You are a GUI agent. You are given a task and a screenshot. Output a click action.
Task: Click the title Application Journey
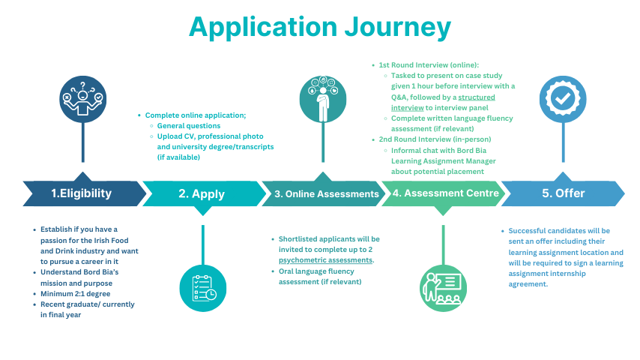coord(320,27)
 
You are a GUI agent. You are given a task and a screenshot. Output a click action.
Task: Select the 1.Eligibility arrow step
coord(82,193)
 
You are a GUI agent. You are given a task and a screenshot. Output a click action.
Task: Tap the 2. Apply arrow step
coord(202,193)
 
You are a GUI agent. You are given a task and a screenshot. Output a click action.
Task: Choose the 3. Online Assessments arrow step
coord(325,193)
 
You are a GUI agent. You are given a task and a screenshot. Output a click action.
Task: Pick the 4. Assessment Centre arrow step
coord(445,193)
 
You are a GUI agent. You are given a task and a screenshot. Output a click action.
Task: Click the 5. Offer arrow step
coord(563,193)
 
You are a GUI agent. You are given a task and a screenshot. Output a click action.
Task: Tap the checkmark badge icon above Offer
coord(563,98)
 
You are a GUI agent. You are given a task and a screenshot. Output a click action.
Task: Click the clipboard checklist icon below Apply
coord(203,288)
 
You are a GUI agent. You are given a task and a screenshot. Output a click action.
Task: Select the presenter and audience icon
coord(443,288)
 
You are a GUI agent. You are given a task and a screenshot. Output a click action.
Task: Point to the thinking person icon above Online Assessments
coord(322,98)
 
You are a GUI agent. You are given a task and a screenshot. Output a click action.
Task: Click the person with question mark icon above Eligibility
coord(83,98)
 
